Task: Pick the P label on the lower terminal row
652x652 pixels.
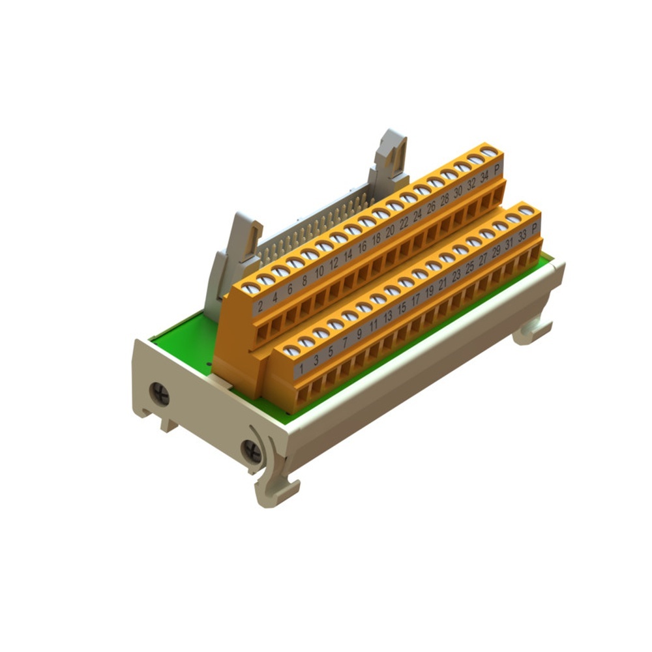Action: point(535,228)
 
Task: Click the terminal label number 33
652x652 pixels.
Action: point(522,236)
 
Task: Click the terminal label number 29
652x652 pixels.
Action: point(496,252)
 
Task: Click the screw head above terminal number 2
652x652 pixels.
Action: point(250,288)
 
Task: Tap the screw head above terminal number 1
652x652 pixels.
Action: point(291,351)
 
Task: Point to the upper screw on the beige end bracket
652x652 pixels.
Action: point(160,394)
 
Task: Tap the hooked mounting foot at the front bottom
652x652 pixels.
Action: point(277,489)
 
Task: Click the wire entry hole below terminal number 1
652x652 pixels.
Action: point(303,395)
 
